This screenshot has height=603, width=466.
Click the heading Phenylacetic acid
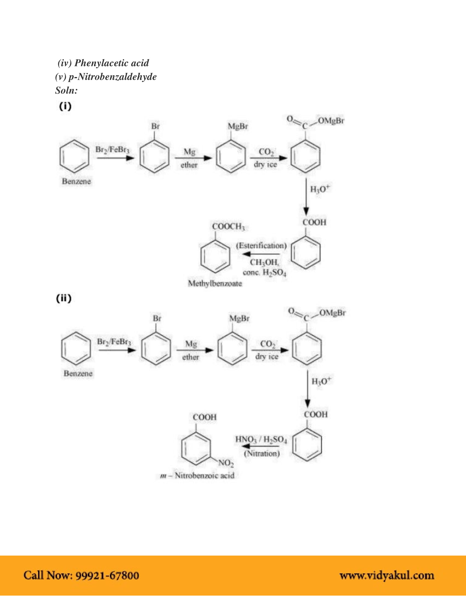point(112,63)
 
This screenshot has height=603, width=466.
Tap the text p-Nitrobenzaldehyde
point(112,77)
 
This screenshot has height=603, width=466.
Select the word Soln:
point(66,90)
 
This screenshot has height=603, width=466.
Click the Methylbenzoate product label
point(215,283)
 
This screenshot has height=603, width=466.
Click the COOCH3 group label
point(228,226)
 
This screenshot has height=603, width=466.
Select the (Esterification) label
point(261,246)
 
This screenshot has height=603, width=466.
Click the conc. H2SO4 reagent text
point(265,273)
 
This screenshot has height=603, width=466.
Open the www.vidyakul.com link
point(387,575)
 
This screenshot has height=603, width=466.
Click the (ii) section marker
point(64,298)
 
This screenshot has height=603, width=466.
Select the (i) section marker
point(65,106)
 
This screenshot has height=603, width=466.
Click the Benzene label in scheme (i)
point(76,181)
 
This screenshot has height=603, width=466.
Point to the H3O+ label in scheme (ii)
point(321,381)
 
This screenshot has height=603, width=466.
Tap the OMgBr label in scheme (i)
point(331,121)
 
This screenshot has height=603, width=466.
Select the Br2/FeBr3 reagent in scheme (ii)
point(114,342)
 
